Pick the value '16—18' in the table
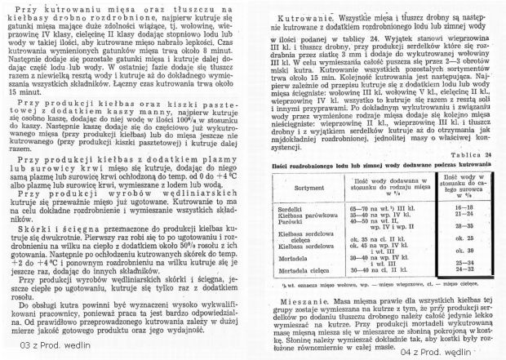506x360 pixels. pyautogui.click(x=468, y=207)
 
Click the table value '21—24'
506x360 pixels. pyautogui.click(x=468, y=214)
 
